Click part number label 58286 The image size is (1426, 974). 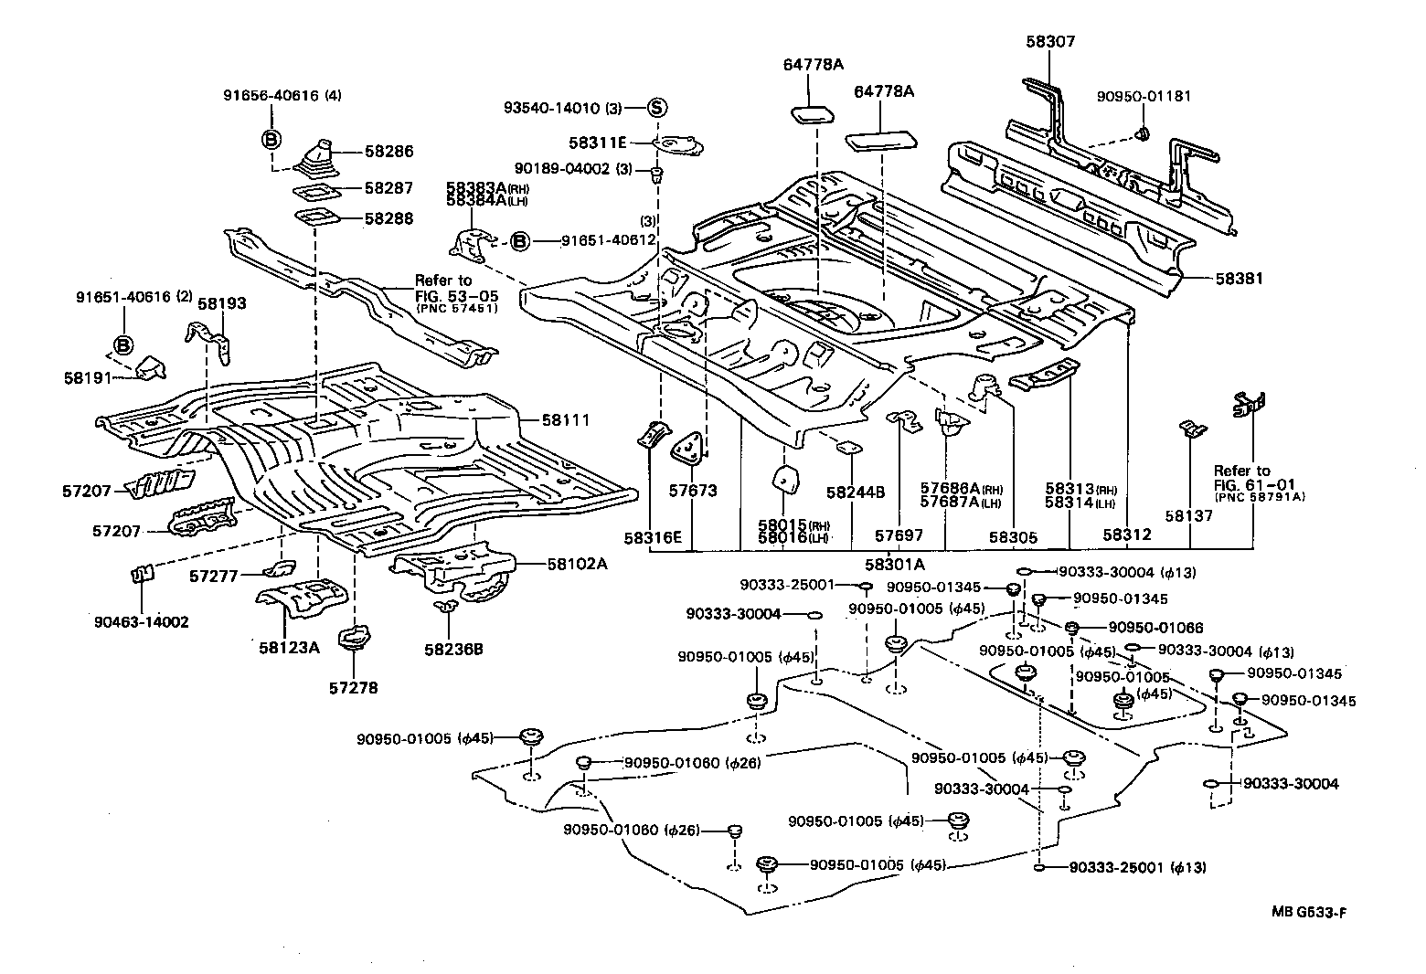pos(388,153)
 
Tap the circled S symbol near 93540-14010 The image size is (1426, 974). pos(657,108)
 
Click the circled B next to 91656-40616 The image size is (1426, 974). pos(271,140)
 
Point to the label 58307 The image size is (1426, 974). pos(1049,41)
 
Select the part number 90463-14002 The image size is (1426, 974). pos(142,622)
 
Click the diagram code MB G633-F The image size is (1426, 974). pos(1309,913)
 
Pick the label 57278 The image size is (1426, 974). pos(352,687)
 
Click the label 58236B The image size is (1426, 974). pos(453,650)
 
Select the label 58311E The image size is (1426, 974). pos(597,143)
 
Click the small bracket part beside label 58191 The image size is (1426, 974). pos(149,369)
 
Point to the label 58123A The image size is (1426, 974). pos(289,648)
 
